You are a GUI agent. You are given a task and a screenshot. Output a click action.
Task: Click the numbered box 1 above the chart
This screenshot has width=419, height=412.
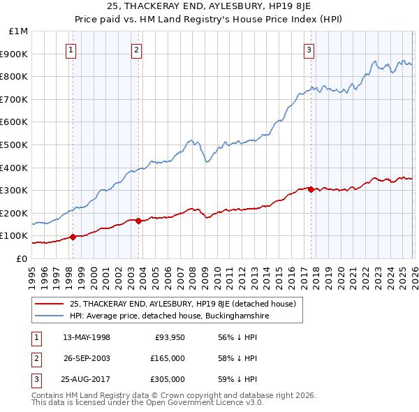click(72, 50)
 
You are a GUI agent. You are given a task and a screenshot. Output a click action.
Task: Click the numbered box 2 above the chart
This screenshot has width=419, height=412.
click(136, 50)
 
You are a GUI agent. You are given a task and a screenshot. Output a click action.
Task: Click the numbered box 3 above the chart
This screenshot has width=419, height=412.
click(309, 50)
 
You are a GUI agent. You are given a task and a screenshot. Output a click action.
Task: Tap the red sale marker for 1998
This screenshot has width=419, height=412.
click(73, 237)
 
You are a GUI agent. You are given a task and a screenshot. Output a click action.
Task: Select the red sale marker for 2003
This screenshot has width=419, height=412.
click(139, 221)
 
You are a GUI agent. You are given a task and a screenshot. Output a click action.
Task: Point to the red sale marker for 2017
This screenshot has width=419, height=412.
click(311, 189)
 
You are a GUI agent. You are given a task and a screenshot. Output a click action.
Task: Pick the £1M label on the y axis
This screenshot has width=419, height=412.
click(19, 31)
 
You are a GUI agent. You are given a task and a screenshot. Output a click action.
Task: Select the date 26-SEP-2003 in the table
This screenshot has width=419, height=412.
click(87, 358)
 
